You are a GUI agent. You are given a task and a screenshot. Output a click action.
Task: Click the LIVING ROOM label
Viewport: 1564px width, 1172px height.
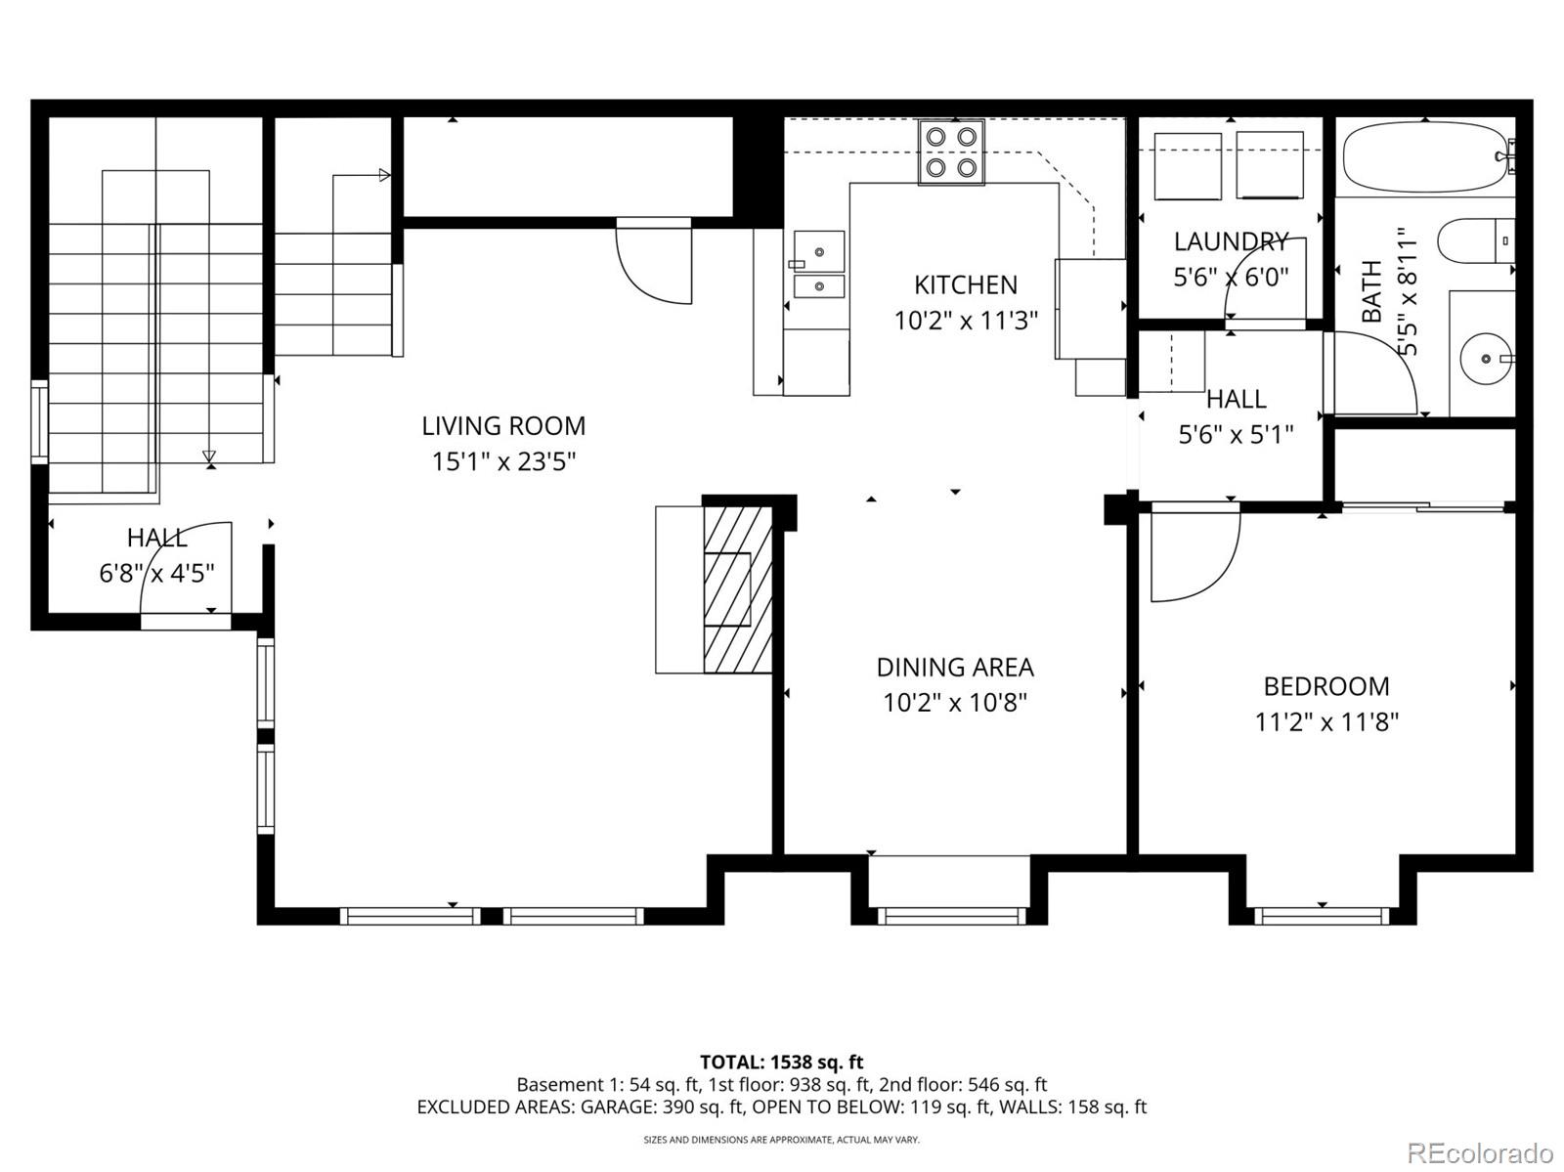coord(503,425)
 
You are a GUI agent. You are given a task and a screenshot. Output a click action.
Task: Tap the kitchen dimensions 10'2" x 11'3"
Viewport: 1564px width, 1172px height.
coord(966,321)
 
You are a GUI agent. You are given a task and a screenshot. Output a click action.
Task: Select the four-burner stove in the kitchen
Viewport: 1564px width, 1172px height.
coord(951,152)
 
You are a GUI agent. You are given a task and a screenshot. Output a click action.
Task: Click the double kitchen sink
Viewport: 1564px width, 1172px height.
coord(818,264)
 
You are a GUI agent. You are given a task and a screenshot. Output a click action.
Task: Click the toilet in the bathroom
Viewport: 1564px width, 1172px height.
coord(1474,240)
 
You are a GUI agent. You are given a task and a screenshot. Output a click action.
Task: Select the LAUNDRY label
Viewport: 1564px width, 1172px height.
coord(1231,241)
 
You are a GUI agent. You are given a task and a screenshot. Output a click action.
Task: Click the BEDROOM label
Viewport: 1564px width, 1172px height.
coord(1326,686)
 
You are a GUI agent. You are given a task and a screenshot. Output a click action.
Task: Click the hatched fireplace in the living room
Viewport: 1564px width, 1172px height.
coord(737,587)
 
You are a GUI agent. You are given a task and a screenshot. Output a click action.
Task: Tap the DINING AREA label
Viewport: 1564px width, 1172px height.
coord(955,667)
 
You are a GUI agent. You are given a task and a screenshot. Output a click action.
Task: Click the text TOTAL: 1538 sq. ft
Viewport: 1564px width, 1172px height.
coord(781,1062)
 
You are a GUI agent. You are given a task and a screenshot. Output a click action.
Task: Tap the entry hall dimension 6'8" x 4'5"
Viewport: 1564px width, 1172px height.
coord(156,573)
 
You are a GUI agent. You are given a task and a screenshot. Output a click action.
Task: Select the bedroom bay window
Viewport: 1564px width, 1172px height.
coord(1322,915)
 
